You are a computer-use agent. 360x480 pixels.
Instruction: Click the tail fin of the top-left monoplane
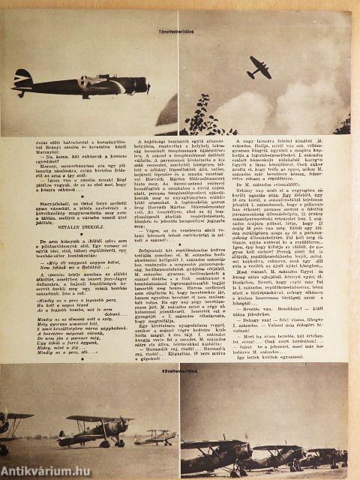(x=20, y=78)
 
